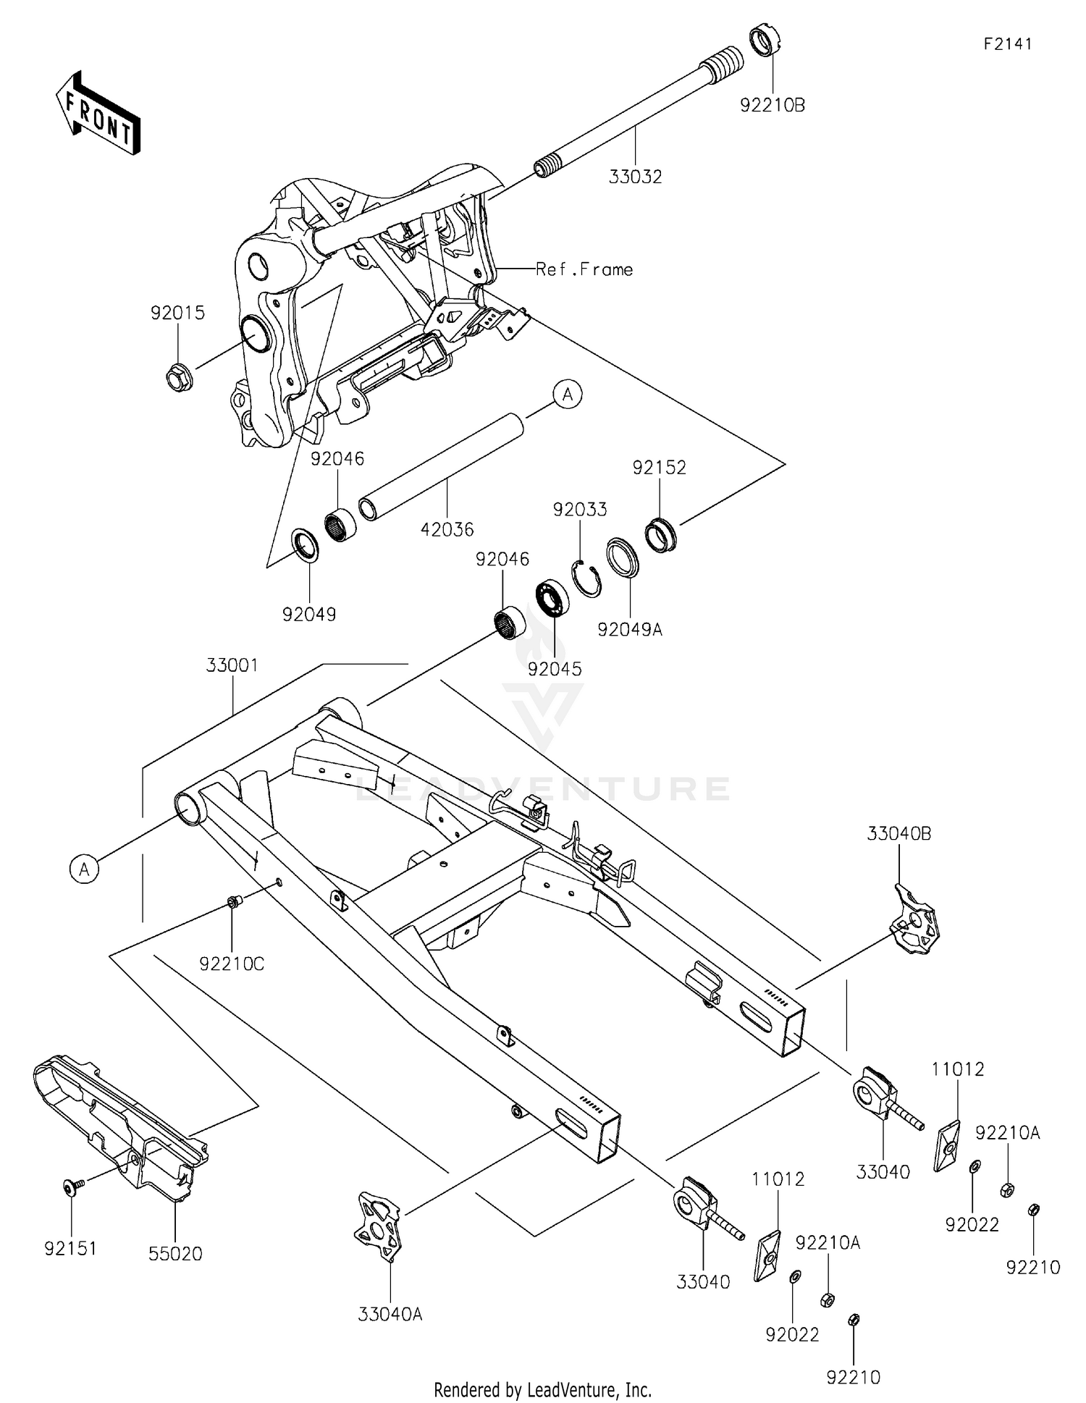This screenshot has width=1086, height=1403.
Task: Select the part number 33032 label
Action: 635,177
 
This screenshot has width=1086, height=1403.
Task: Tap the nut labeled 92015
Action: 178,378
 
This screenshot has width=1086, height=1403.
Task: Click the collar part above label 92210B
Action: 765,40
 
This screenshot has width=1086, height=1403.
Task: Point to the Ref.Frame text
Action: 584,269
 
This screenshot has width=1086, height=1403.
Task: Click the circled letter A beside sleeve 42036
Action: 568,395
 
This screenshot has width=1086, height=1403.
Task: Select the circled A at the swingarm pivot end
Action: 85,868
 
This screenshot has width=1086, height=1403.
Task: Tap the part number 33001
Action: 232,665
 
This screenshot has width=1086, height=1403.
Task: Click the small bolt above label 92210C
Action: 233,902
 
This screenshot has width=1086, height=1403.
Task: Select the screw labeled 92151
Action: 72,1187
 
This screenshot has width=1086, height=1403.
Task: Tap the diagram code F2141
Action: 1007,44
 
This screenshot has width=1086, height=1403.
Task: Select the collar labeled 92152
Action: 660,534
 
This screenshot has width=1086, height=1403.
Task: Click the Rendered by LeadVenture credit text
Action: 542,1389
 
